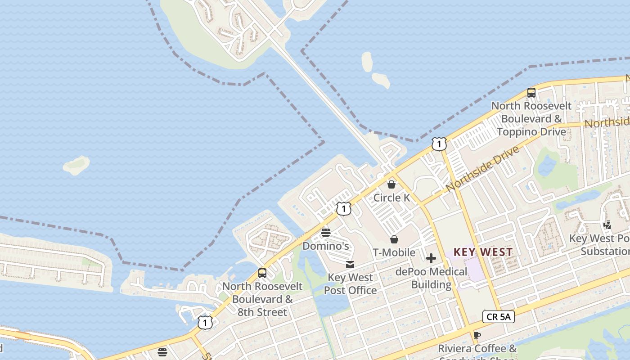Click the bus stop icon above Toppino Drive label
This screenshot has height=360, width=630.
(x=531, y=93)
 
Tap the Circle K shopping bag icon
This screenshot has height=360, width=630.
(x=391, y=184)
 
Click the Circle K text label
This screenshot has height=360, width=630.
(x=392, y=198)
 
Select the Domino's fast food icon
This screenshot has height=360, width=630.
(x=326, y=233)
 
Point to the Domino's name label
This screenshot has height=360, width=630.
(x=326, y=246)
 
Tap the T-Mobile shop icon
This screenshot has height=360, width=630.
(x=394, y=239)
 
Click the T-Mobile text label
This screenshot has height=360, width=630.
(x=394, y=252)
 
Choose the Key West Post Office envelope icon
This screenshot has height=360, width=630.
(x=350, y=265)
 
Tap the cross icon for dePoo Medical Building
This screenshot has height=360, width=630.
(x=431, y=258)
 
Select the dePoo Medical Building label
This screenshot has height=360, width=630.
(x=431, y=278)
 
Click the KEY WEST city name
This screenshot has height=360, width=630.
(x=483, y=252)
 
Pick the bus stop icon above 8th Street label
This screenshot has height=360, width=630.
(x=262, y=273)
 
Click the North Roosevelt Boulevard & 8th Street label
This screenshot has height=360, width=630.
(x=262, y=299)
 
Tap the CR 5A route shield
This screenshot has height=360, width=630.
(x=498, y=317)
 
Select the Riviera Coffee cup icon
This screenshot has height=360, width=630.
(x=477, y=335)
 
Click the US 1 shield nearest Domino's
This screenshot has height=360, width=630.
(x=343, y=209)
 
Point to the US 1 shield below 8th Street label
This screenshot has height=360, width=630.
(x=205, y=323)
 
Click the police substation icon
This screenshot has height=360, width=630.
(x=607, y=225)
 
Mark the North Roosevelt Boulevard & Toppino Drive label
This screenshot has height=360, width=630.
(x=531, y=119)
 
